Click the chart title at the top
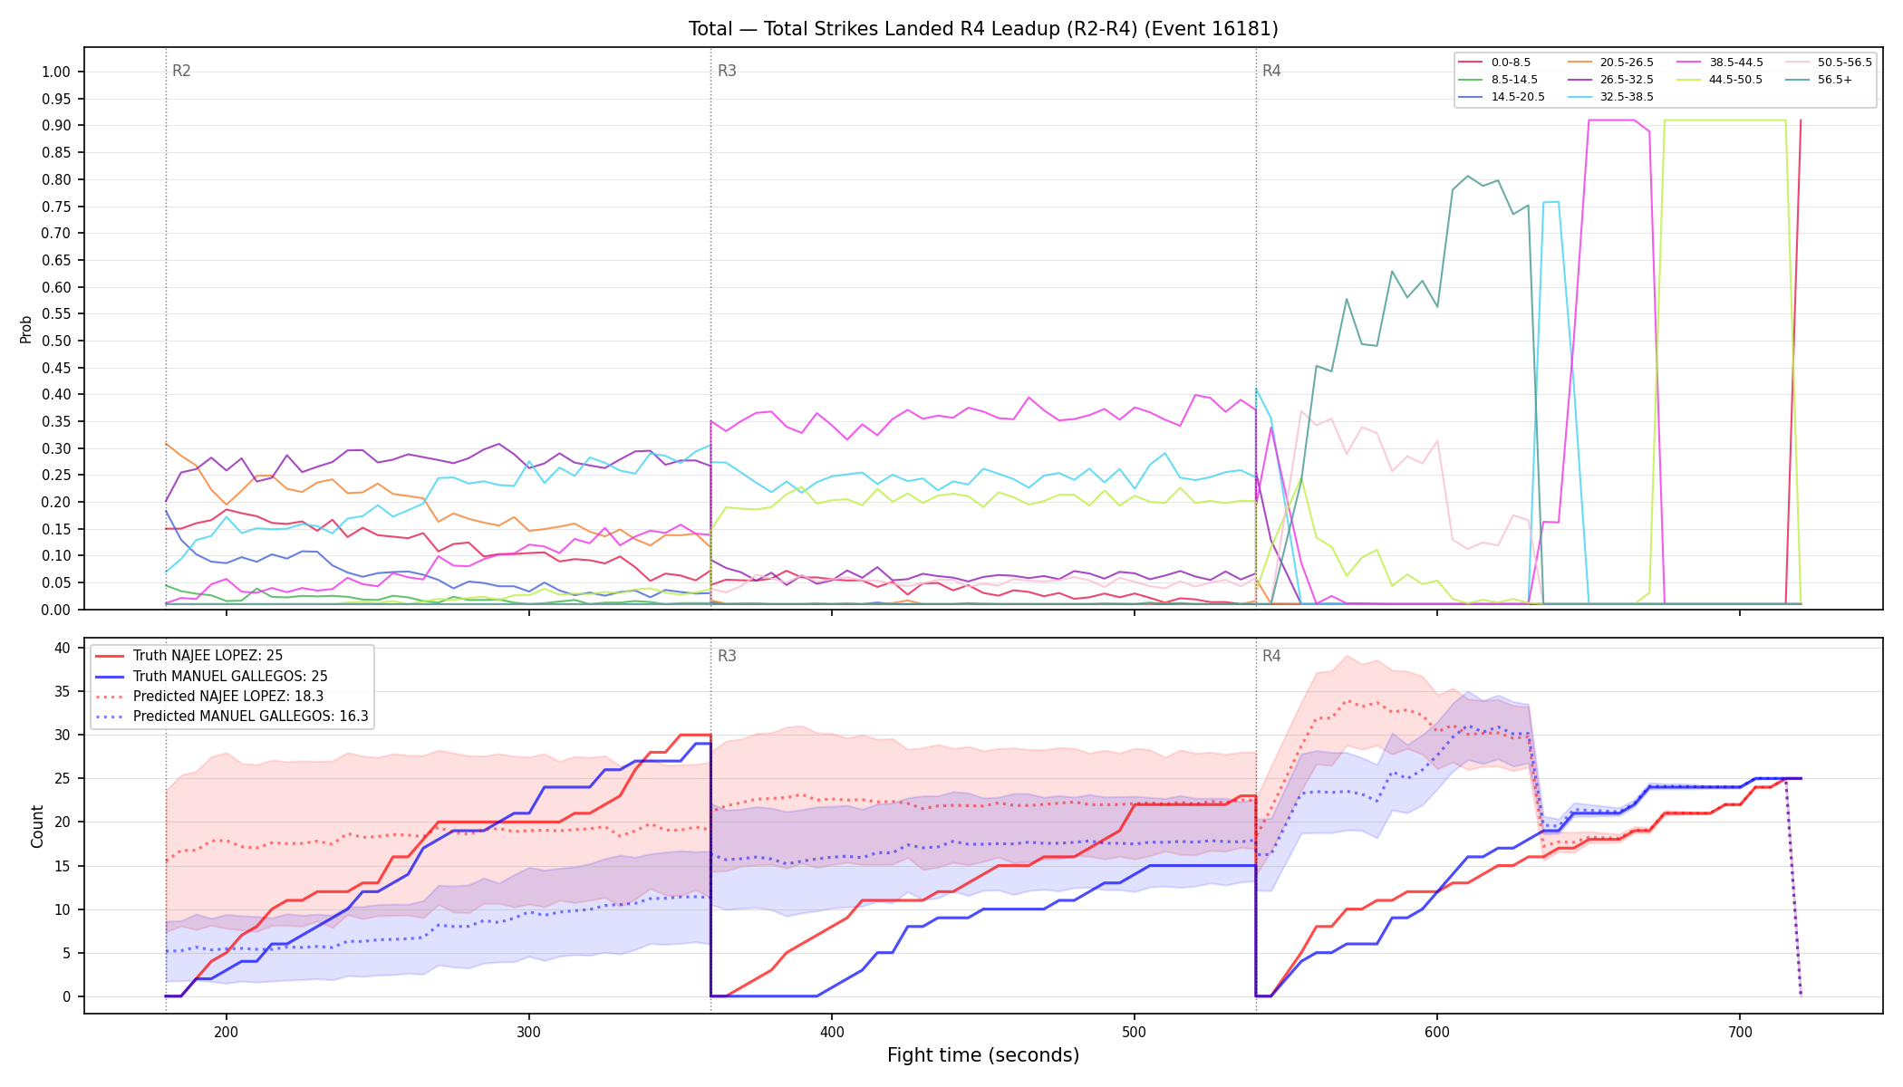[x=983, y=29]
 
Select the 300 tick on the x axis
[x=529, y=1030]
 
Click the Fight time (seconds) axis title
[x=983, y=1055]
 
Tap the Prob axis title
[x=26, y=329]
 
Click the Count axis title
[x=37, y=826]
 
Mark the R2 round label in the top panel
[x=181, y=71]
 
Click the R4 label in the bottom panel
[x=1271, y=656]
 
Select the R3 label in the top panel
[x=727, y=71]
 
